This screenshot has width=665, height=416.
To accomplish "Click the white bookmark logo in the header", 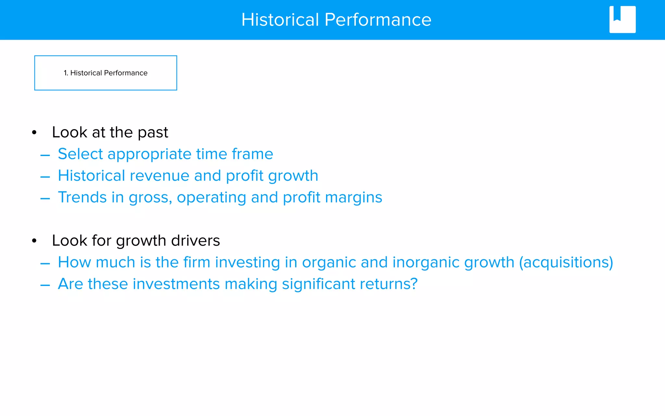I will pyautogui.click(x=622, y=19).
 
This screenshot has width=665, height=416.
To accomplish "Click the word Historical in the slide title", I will pyautogui.click(x=280, y=20).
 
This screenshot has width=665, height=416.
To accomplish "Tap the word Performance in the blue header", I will pyautogui.click(x=378, y=20).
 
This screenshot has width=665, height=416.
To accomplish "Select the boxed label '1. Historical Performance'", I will pyautogui.click(x=106, y=73).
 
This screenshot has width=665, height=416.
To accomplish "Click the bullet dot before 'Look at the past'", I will pyautogui.click(x=34, y=133).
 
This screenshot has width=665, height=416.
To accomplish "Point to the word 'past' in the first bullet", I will pyautogui.click(x=153, y=133).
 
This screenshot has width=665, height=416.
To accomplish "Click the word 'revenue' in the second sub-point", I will pyautogui.click(x=159, y=176).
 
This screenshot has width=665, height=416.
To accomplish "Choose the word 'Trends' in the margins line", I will pyautogui.click(x=82, y=197).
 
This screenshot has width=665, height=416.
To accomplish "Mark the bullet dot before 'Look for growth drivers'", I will pyautogui.click(x=34, y=241).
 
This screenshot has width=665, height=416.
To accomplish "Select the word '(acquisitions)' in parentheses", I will pyautogui.click(x=566, y=263).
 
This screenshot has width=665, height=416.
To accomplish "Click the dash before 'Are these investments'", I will pyautogui.click(x=45, y=285).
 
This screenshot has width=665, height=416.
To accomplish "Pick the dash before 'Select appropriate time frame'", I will pyautogui.click(x=45, y=155).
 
